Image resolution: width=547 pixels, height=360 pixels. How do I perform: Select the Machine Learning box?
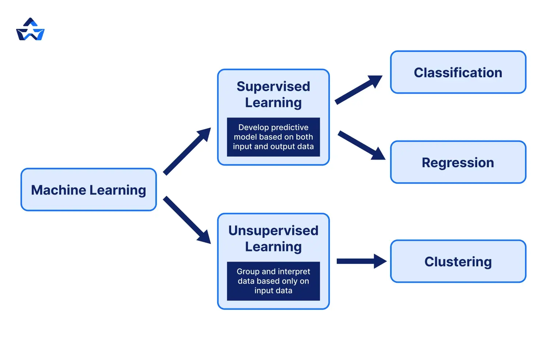88,190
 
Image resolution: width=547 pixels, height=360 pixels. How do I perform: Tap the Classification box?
458,72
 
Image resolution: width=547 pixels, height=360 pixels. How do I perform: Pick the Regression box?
458,162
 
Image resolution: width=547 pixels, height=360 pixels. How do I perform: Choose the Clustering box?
458,261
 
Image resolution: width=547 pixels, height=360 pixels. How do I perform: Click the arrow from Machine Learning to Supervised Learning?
187,151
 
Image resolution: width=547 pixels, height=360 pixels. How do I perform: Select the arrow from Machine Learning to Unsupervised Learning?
187,220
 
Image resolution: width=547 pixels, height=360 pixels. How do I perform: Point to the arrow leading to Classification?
358,90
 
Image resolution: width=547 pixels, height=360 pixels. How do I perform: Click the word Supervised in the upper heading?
273,87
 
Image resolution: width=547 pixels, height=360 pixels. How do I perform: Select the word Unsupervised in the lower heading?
273,230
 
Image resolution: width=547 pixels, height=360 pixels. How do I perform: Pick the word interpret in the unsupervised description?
294,271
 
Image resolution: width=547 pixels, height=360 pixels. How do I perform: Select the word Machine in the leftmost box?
59,190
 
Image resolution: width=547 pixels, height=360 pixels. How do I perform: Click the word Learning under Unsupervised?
273,247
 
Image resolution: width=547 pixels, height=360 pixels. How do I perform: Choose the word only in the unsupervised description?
289,281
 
